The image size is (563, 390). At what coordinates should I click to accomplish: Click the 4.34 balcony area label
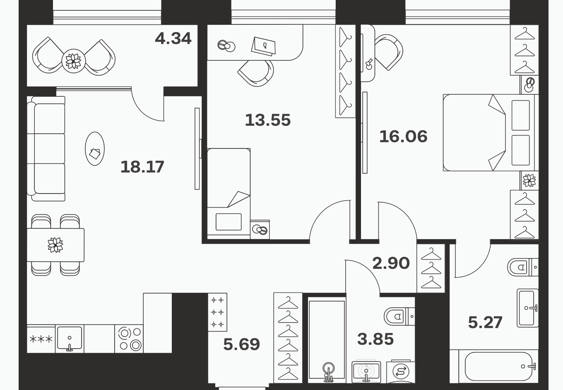pos(173,38)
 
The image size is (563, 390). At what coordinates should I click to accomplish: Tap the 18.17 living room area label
pos(142,167)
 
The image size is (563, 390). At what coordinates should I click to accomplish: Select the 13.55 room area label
pos(268,120)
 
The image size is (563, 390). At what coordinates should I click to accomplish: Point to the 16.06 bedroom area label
pos(403,136)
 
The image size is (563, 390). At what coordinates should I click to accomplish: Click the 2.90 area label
pos(391,263)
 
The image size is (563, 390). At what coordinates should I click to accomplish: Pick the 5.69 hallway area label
pos(241,344)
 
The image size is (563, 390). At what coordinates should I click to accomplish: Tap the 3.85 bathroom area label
pos(375,339)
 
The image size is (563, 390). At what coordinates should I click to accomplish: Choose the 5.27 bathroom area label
pos(485,323)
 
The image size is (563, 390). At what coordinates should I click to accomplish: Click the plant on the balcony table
pos(74,61)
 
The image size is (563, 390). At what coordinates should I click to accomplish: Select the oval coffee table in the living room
pos(95,148)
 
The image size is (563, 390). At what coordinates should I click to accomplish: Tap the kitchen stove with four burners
pos(129,339)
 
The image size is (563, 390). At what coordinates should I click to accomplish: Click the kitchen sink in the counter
pos(70,339)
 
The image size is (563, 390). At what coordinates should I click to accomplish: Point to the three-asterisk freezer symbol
pos(41,339)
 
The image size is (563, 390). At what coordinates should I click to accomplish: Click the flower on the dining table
pos(55,245)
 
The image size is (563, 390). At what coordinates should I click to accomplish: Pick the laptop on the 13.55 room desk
pos(263,46)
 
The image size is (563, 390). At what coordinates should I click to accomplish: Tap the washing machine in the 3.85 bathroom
pos(401,372)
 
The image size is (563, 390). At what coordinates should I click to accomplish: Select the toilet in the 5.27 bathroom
pos(523,267)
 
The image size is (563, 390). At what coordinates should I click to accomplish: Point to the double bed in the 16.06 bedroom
pos(491,133)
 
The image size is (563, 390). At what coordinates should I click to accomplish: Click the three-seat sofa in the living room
pos(46,148)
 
